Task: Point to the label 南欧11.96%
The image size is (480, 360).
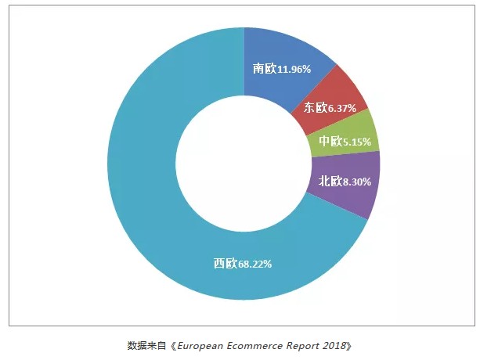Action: (282, 69)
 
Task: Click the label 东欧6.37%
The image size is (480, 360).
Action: (330, 107)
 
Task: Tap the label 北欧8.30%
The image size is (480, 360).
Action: (344, 182)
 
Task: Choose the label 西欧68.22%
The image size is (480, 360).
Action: (243, 264)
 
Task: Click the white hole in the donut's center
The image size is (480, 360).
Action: (244, 163)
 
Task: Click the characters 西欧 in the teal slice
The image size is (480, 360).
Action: (225, 264)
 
